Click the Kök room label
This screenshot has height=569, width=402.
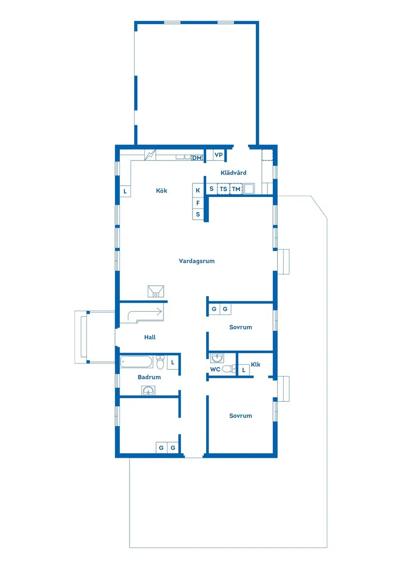[x=161, y=191]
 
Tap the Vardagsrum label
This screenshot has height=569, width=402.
[x=196, y=261]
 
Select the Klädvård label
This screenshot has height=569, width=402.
[x=233, y=173]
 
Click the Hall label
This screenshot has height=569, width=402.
[x=150, y=337]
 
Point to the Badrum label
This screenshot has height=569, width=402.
[x=149, y=377]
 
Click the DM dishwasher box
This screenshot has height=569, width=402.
[x=197, y=158]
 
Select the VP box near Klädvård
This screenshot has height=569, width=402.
[x=218, y=156]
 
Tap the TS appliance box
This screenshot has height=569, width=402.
[x=223, y=189]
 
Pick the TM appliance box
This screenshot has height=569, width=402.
[x=236, y=189]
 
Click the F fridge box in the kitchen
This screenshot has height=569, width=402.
[x=198, y=202]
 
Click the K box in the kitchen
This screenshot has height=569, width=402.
[x=198, y=190]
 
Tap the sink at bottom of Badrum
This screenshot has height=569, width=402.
[x=149, y=391]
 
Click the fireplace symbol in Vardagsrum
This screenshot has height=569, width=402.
[x=156, y=292]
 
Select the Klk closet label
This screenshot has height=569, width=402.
[x=256, y=365]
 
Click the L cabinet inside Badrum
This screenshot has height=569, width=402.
[x=173, y=362]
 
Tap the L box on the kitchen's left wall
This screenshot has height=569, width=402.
[x=125, y=192]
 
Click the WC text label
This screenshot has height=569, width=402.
[x=215, y=370]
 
